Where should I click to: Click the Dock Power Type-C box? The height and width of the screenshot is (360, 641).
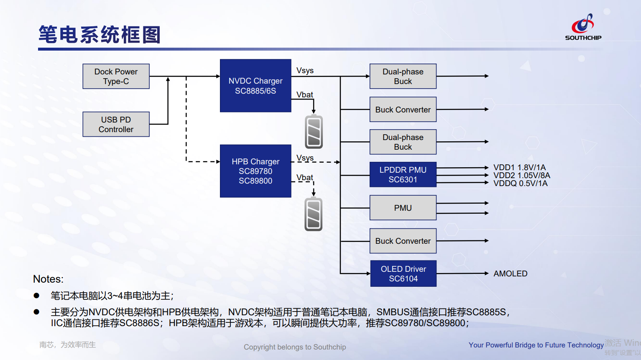click(x=116, y=77)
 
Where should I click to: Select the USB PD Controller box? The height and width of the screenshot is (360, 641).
click(x=116, y=124)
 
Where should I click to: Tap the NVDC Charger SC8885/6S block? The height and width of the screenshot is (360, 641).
click(x=255, y=86)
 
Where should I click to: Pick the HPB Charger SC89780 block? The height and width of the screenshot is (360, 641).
click(x=255, y=171)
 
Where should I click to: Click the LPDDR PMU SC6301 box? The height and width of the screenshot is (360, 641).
click(x=403, y=175)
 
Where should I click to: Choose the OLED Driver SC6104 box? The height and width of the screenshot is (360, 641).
click(x=403, y=274)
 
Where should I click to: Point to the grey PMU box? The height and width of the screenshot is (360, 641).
click(x=403, y=208)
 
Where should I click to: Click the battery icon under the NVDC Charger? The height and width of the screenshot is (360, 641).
click(x=314, y=132)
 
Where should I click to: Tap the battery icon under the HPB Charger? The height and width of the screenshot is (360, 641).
click(x=314, y=214)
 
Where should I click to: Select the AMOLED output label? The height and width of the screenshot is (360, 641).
click(x=510, y=274)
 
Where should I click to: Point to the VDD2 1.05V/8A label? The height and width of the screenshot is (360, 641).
click(x=521, y=176)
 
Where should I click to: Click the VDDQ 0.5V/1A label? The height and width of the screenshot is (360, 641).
click(x=520, y=184)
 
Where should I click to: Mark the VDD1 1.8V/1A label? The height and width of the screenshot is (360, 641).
click(x=519, y=168)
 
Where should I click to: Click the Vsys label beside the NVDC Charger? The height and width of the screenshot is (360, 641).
click(x=305, y=71)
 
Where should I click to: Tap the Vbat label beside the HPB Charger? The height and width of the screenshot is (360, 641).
click(x=304, y=178)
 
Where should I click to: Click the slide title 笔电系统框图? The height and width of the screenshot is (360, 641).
click(x=100, y=35)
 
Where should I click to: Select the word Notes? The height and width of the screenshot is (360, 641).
click(x=48, y=279)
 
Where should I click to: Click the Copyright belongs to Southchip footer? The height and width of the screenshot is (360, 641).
click(x=295, y=347)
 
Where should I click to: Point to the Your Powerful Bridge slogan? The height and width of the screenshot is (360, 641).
click(x=536, y=345)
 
